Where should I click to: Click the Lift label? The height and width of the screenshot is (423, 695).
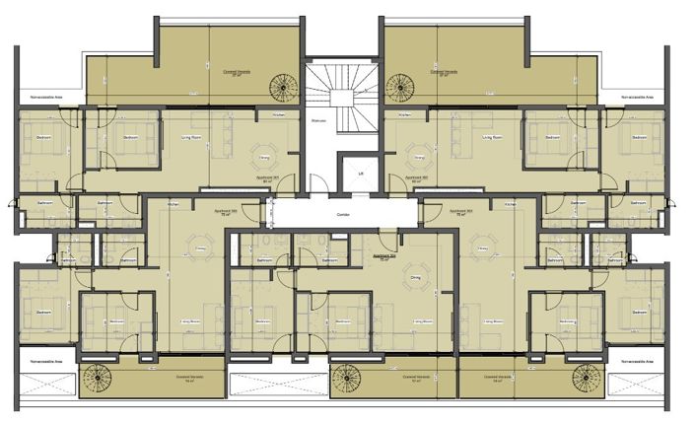point(361,174)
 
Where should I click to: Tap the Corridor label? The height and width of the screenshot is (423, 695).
point(343,214)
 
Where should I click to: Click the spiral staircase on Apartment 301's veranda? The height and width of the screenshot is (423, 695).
point(285,87)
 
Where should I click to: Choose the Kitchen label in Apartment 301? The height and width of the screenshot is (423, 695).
point(278,115)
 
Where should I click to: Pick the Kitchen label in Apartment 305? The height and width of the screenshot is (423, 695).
point(174,203)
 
